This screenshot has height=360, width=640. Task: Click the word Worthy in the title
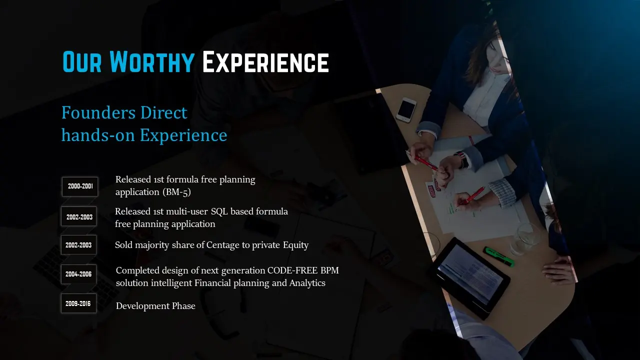[152, 61]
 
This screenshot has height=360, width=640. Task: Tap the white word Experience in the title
[265, 61]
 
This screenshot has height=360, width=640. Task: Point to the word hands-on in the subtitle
[98, 134]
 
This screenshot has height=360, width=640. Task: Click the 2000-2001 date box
[80, 186]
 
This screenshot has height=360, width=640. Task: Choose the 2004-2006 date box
[78, 274]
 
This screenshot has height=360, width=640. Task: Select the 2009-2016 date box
[78, 303]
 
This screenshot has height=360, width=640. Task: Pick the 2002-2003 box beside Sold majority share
[78, 245]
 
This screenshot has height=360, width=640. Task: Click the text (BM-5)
[176, 192]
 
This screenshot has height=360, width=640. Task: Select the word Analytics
[307, 283]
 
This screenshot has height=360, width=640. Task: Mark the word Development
[142, 306]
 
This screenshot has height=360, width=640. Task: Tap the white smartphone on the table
[406, 109]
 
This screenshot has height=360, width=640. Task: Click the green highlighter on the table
[498, 256]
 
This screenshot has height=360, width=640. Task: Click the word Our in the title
[82, 61]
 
